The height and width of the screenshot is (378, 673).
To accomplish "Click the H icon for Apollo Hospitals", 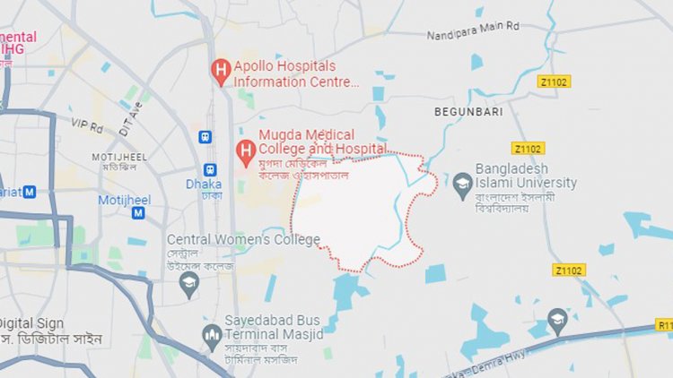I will tap(220, 69).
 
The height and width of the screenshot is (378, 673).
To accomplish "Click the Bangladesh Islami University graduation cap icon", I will tap(462, 182).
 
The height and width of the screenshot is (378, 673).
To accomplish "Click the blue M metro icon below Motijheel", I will tap(138, 213).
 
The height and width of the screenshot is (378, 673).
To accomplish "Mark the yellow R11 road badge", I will tap(664, 327).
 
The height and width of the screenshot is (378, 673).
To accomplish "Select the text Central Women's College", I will tap(243, 239).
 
